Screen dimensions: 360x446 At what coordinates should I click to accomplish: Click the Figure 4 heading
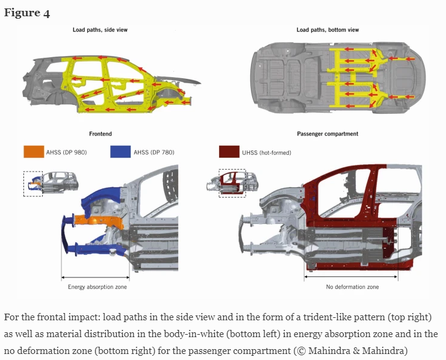coord(27,13)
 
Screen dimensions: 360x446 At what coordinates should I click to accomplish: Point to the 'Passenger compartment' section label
coord(327,134)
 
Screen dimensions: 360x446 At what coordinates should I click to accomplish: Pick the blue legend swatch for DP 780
coord(120,152)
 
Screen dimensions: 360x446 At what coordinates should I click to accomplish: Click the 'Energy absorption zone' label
coord(97,287)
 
